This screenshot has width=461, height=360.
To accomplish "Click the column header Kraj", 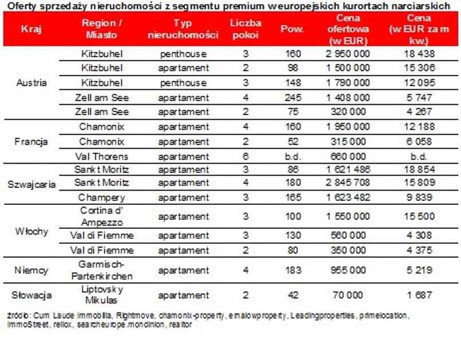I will (x=30, y=29).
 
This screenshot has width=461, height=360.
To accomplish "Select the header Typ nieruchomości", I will (x=183, y=29).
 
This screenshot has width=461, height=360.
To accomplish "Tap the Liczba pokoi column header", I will (x=245, y=29).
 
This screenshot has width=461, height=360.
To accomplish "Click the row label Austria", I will (x=31, y=82).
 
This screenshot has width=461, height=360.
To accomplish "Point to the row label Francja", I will (x=31, y=141).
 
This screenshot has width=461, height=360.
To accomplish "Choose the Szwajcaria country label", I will (x=31, y=184).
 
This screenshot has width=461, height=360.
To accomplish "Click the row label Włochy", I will (x=31, y=232).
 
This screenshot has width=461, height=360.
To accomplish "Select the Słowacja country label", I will (x=31, y=295).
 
